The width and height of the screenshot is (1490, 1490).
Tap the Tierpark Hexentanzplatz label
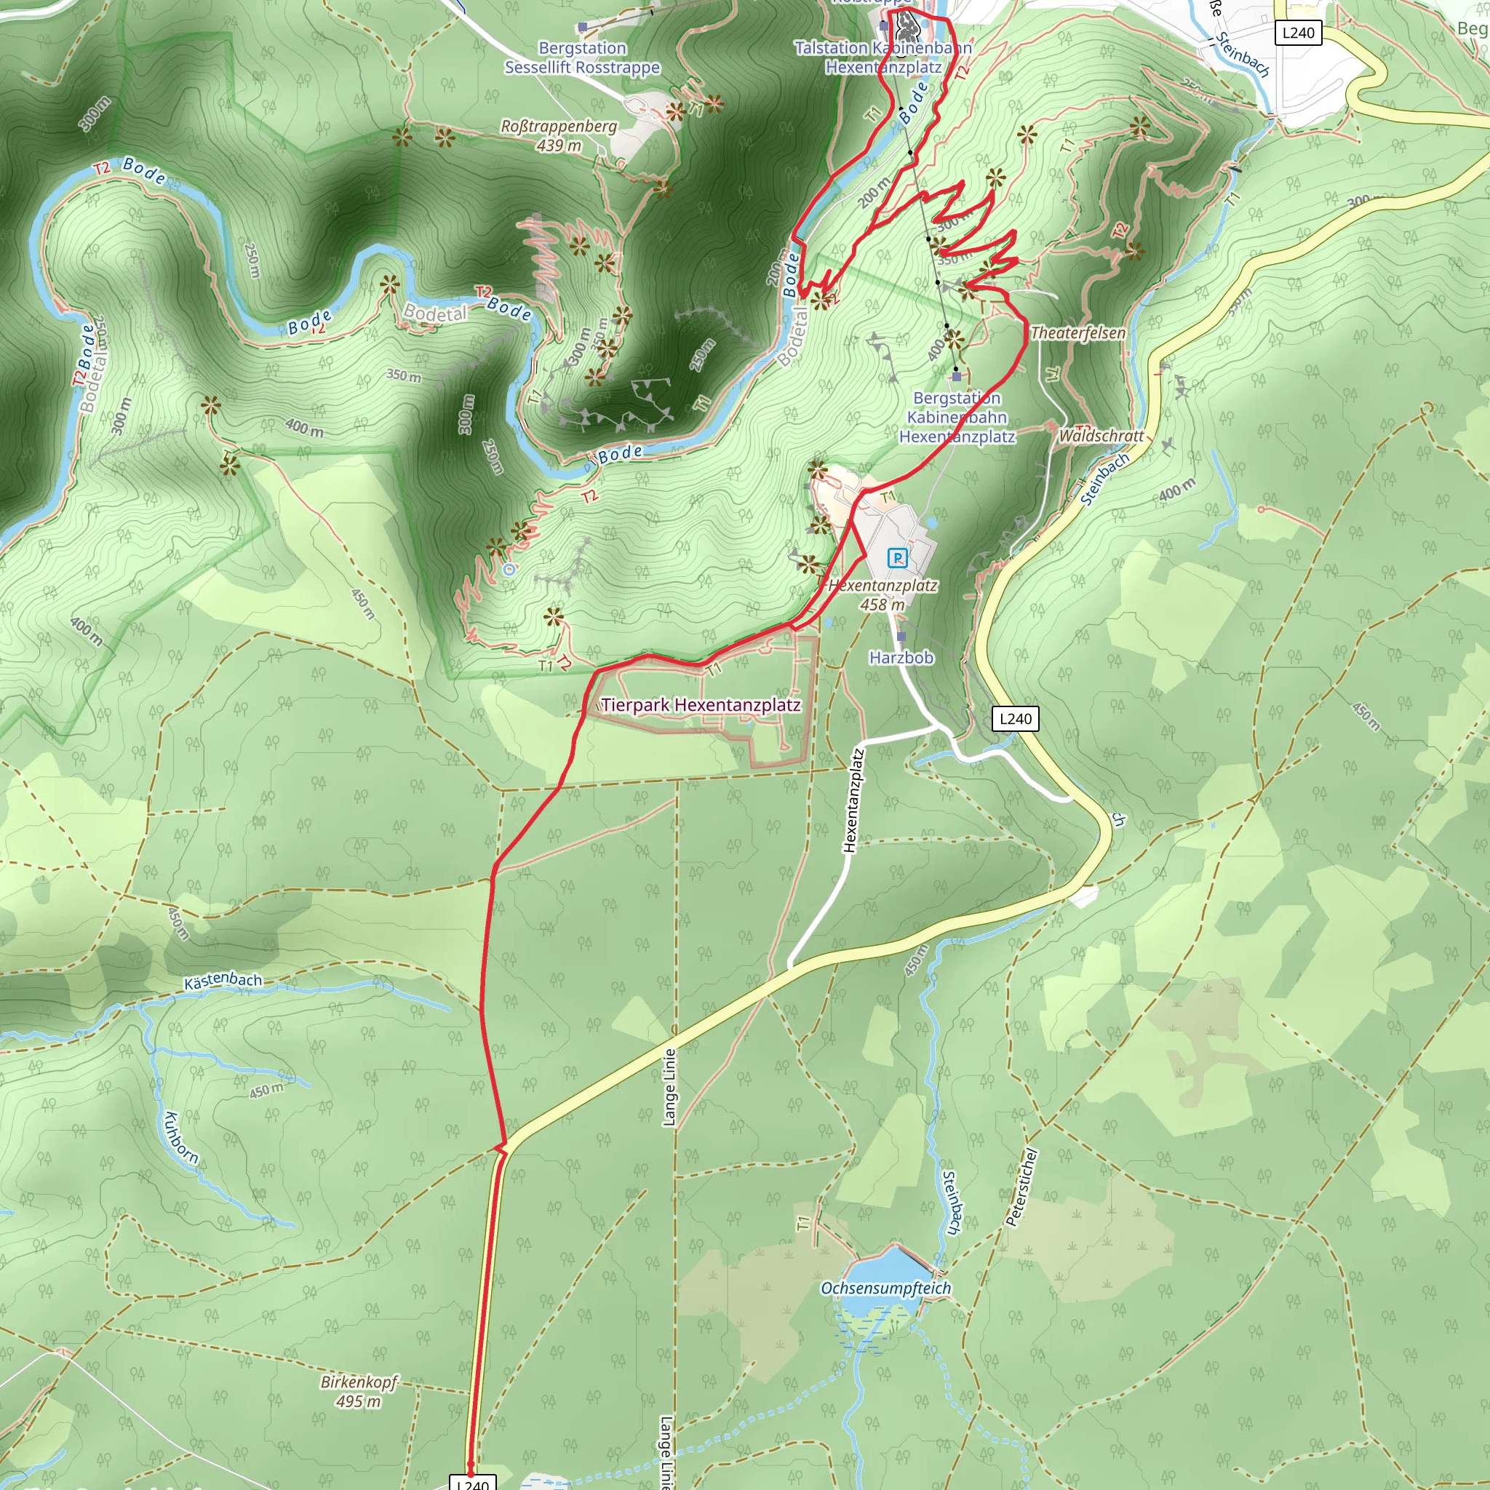point(701,705)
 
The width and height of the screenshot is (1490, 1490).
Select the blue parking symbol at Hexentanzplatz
point(897,557)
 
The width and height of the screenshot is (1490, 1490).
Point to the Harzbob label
point(901,658)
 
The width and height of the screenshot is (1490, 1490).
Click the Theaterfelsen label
point(1077,333)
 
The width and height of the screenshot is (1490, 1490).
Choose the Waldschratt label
point(1101,436)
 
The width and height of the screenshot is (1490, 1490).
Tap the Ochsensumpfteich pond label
point(885,1288)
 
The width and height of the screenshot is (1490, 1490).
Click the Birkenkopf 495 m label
point(359,1391)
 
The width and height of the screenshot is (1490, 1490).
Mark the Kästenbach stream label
point(223,981)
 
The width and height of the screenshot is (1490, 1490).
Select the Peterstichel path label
point(1022,1187)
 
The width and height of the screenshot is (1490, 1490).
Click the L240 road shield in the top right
point(1298,33)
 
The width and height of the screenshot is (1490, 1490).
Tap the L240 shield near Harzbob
point(1015,719)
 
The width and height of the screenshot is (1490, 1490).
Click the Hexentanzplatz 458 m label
point(883,594)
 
